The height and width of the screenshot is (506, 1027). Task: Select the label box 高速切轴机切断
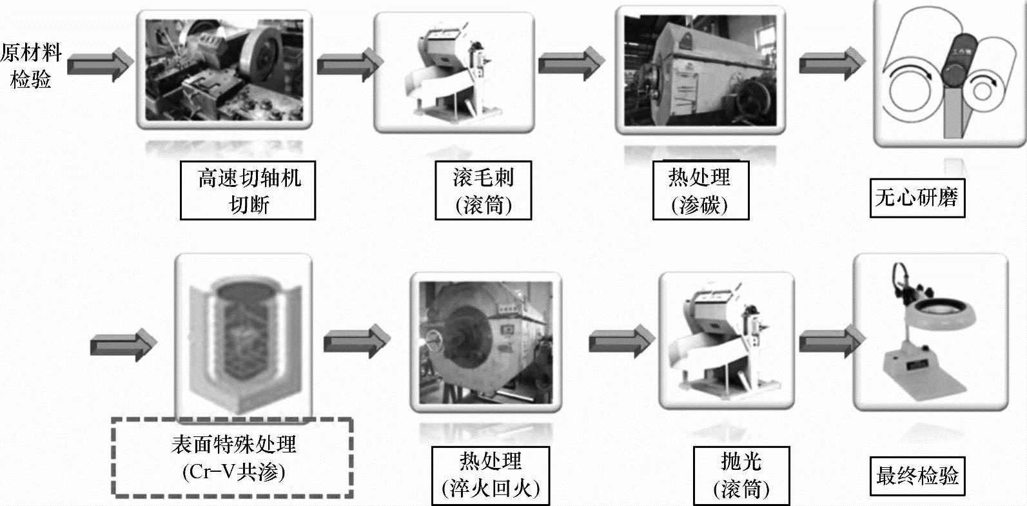point(248,191)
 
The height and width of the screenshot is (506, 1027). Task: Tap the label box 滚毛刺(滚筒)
point(484,191)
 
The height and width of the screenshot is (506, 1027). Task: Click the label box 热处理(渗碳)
point(700,191)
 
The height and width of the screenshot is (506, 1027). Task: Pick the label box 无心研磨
point(917,197)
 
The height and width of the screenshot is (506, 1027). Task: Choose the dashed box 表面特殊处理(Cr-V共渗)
point(233,458)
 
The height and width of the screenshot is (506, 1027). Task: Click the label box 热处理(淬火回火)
point(491,476)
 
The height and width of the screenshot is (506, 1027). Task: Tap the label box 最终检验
point(917,476)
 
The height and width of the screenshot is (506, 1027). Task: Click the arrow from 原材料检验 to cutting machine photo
point(100,65)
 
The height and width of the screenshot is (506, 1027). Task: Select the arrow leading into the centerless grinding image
point(831,64)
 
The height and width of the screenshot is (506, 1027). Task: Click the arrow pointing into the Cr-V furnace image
point(122,344)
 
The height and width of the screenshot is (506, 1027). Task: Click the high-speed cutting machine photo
point(224,70)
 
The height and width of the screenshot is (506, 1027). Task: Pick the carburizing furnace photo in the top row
point(701,71)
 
